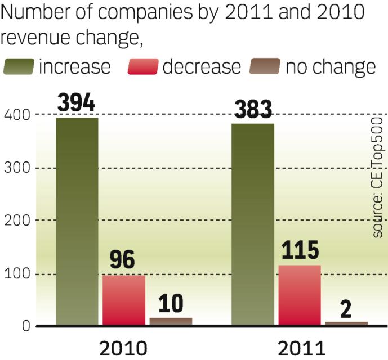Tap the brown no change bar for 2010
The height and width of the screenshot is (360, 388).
pyautogui.click(x=171, y=321)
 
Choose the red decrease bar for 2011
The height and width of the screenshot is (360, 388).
pyautogui.click(x=300, y=295)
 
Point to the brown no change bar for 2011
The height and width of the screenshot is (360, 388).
pyautogui.click(x=346, y=323)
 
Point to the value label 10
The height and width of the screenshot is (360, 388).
pyautogui.click(x=171, y=304)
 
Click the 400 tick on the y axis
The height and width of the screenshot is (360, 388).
pyautogui.click(x=16, y=115)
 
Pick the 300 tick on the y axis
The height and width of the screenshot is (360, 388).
pyautogui.click(x=16, y=168)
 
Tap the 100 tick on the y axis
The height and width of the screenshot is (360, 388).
pyautogui.click(x=16, y=274)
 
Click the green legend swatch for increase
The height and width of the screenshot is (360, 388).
pyautogui.click(x=19, y=67)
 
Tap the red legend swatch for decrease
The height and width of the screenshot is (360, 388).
pyautogui.click(x=143, y=67)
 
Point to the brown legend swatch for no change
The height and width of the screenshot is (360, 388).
pyautogui.click(x=265, y=67)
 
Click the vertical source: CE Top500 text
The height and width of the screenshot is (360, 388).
pyautogui.click(x=378, y=177)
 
